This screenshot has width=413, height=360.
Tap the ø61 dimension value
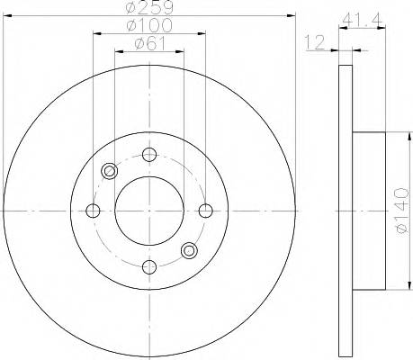148,44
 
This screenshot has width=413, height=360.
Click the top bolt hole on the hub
149,154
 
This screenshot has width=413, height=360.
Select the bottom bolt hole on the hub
149,266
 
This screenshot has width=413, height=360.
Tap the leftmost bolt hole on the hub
93,211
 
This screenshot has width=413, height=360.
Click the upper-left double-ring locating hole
110,171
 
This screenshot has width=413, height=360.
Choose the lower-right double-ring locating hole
189,250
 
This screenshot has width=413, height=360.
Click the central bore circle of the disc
149,211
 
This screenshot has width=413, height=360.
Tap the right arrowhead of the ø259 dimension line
292,15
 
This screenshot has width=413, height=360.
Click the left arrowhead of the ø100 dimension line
96,33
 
